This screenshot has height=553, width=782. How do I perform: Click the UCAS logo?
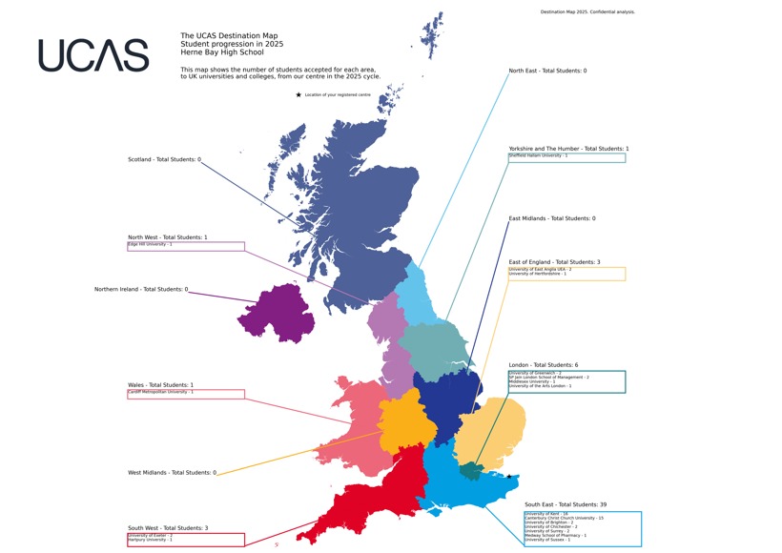point(93,55)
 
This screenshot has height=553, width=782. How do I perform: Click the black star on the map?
point(509,477)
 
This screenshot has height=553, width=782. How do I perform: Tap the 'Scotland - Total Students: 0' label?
point(164,159)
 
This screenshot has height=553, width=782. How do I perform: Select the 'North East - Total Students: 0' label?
point(547,71)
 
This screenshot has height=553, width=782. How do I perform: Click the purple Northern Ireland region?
point(277,313)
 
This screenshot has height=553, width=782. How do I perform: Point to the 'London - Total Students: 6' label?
point(543,365)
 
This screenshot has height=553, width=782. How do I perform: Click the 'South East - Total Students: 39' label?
point(566,504)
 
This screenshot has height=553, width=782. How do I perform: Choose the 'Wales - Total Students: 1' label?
point(160,385)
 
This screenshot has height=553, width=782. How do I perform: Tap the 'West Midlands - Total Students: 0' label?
point(172,473)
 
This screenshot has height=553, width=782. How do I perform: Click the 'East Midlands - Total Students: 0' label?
point(551,218)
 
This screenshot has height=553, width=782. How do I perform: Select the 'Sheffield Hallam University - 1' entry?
point(538,155)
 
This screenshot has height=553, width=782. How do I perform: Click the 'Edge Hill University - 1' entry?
point(151,244)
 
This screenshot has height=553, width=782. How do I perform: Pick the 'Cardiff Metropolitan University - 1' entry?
point(161,392)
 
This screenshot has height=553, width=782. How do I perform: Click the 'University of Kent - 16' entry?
point(546,513)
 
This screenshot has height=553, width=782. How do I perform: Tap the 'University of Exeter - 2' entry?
point(151,536)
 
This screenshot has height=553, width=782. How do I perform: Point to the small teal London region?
point(470,471)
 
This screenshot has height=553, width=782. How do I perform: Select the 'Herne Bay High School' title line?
point(222,52)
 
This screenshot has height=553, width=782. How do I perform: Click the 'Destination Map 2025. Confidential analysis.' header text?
point(587,12)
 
